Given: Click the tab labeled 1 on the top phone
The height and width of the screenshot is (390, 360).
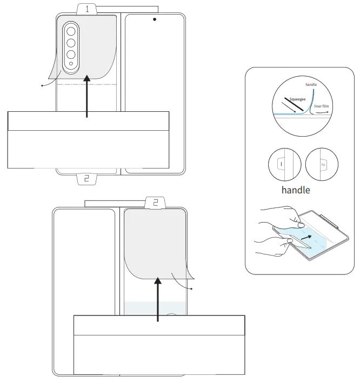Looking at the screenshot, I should (86, 9).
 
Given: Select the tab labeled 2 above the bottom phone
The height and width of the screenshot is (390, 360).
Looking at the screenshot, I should (156, 203).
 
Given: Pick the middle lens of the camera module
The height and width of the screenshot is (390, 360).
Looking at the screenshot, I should (71, 42).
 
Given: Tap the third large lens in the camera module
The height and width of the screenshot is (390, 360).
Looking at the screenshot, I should (71, 55).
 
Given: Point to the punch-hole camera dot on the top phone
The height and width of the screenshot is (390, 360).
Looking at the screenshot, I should (155, 19).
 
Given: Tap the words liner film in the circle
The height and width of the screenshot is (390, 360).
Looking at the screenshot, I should (321, 106).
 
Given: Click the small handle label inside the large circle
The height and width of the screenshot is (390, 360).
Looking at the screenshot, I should (311, 85).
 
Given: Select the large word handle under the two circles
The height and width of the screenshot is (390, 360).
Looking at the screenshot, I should (296, 190).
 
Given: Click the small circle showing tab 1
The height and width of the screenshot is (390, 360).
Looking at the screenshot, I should (284, 164).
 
